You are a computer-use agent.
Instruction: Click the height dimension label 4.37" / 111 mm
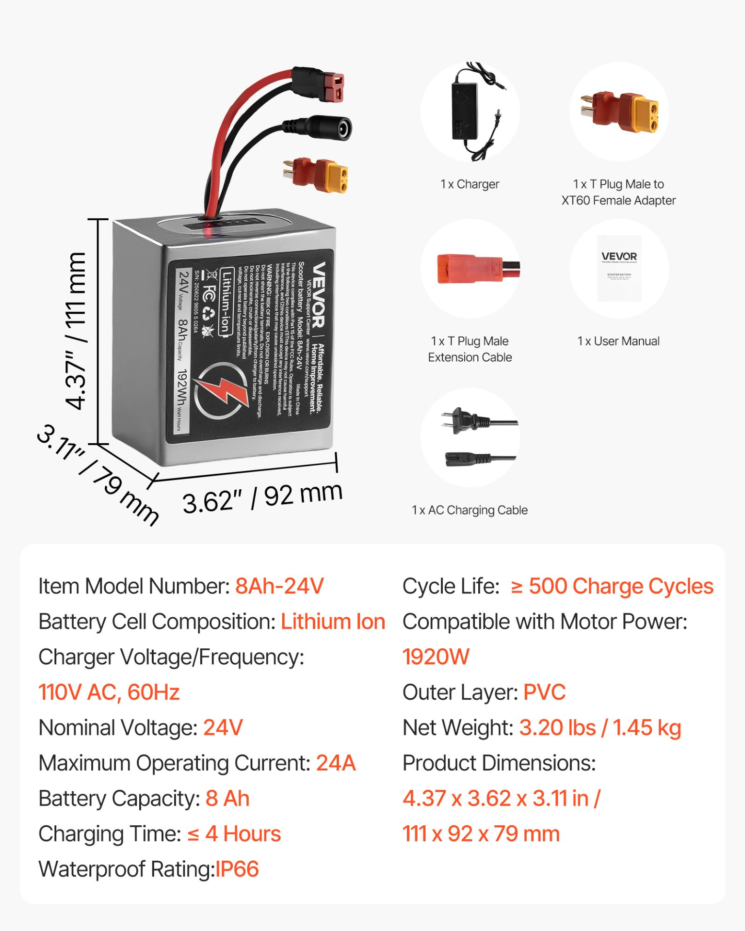click(x=76, y=331)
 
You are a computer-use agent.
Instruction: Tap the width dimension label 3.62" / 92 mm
click(x=262, y=498)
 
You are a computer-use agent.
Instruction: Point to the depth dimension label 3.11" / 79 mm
click(x=97, y=475)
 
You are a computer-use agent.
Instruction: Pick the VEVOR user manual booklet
click(x=619, y=268)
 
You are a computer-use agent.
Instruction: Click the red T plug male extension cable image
click(x=478, y=268)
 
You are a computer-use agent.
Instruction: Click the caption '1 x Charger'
click(x=470, y=184)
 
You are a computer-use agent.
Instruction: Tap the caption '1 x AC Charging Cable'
click(x=470, y=510)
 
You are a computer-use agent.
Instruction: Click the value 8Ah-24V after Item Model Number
click(x=279, y=586)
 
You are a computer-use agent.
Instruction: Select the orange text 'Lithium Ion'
click(x=333, y=622)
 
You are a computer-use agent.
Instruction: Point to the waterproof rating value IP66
click(x=237, y=869)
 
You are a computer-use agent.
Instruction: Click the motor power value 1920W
click(x=436, y=657)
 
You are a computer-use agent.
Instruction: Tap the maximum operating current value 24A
click(x=336, y=763)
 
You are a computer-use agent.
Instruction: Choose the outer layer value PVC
click(x=544, y=692)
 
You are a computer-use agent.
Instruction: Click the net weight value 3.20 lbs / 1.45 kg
click(x=600, y=728)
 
